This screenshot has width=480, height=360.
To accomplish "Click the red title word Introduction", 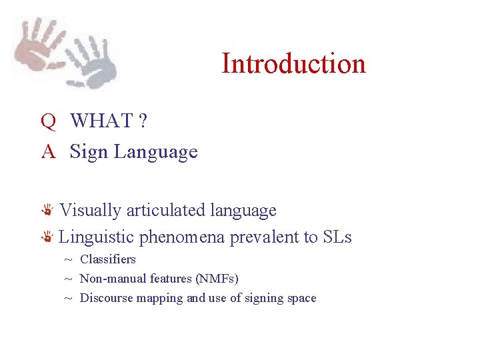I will point(293,64).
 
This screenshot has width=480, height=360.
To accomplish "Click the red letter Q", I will point(47,121).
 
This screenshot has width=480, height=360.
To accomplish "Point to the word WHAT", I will point(101,121).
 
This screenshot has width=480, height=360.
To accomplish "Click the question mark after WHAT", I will point(143,121).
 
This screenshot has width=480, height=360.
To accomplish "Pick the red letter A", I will point(47,152).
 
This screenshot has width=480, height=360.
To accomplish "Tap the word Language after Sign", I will point(155,153).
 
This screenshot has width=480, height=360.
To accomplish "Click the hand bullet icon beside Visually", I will point(48,211).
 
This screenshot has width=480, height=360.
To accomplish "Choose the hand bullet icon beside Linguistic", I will point(48,237).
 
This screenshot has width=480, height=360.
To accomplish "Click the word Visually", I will point(91,211).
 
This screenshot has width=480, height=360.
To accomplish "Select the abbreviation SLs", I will point(337,237).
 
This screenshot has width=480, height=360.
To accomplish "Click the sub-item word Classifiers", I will point(107,259).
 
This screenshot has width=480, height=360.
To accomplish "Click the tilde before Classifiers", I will point(68,260).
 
